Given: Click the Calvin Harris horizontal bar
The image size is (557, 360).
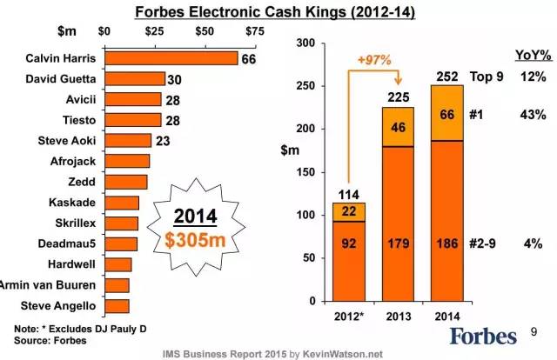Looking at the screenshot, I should (x=171, y=59).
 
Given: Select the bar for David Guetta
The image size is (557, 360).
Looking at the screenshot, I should (x=134, y=79).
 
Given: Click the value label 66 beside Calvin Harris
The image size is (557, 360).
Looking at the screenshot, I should (x=249, y=59).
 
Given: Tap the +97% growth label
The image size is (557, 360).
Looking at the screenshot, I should (x=372, y=60).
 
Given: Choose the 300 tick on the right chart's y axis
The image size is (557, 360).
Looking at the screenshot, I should (x=305, y=43).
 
